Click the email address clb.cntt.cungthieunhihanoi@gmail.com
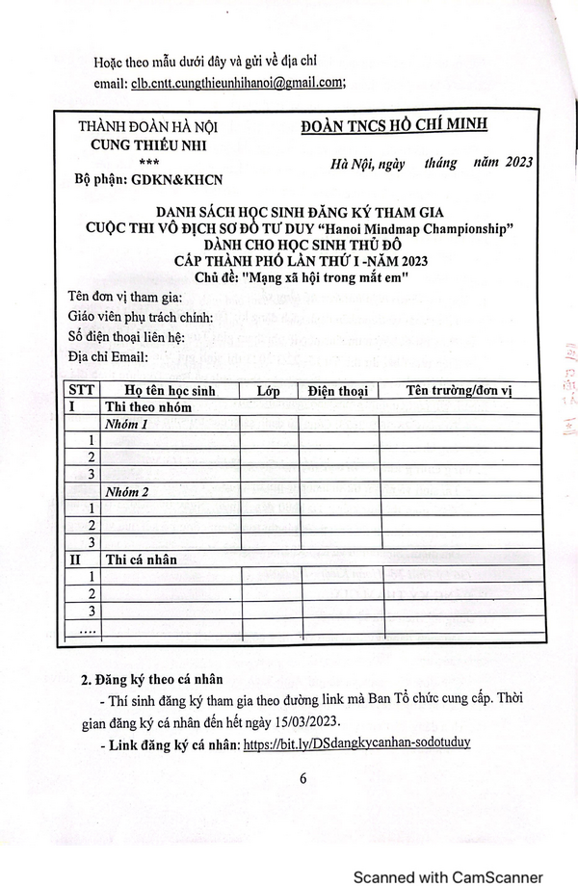click(237, 83)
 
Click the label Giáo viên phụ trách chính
click(141, 317)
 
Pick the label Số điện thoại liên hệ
click(126, 337)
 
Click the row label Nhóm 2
click(126, 491)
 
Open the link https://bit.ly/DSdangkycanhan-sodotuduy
click(356, 744)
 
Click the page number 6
click(302, 779)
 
